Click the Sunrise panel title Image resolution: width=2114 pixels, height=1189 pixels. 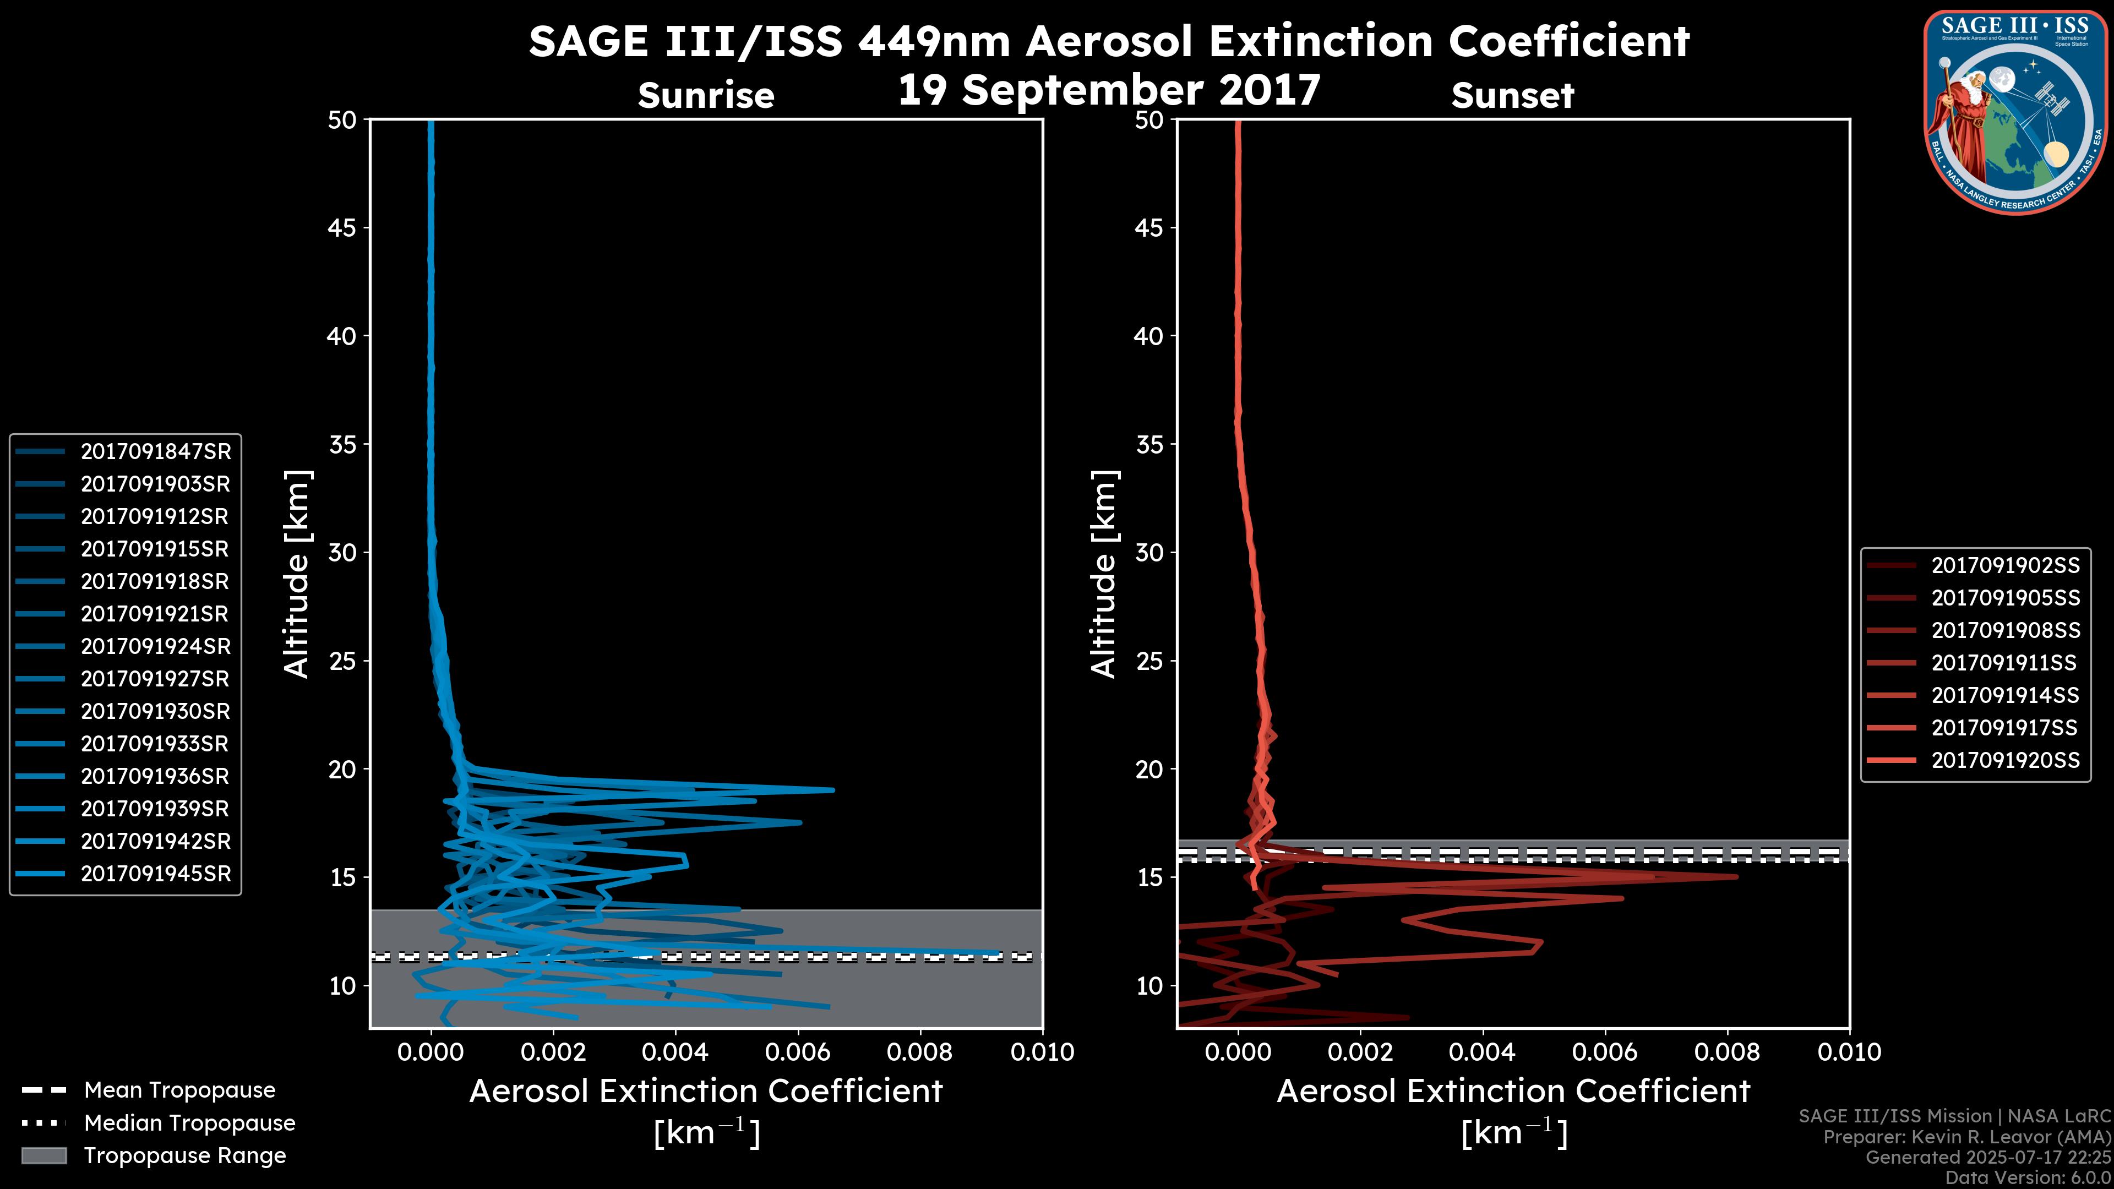click(706, 96)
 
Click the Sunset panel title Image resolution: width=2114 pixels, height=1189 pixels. click(1512, 96)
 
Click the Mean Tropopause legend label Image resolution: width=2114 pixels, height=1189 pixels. click(179, 1090)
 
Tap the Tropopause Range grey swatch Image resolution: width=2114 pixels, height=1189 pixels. click(44, 1155)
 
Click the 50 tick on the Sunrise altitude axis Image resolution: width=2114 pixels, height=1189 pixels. click(343, 120)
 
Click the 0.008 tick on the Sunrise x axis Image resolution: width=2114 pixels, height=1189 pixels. click(920, 1052)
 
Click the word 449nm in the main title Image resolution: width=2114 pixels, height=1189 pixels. click(934, 41)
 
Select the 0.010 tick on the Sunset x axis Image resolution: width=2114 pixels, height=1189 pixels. click(1848, 1052)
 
